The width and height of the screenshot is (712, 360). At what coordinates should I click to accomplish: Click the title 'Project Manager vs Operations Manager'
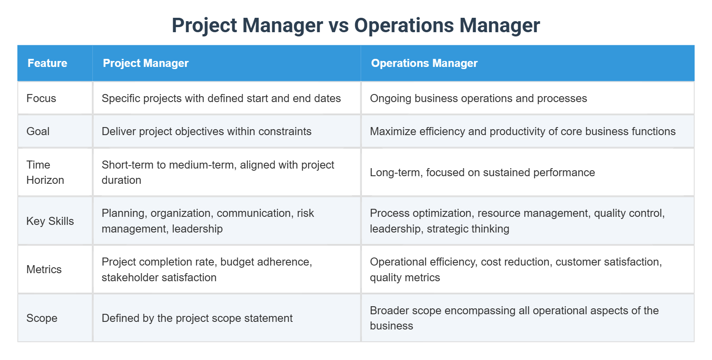click(x=356, y=25)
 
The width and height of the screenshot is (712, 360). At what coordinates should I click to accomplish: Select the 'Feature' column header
click(x=47, y=63)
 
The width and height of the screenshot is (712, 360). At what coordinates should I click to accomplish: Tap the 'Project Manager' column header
click(x=145, y=63)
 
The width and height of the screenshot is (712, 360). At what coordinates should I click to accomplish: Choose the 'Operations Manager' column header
click(x=424, y=63)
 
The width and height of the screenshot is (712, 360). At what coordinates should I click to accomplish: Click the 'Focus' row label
click(x=41, y=98)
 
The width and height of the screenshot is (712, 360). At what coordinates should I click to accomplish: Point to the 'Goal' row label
click(x=38, y=131)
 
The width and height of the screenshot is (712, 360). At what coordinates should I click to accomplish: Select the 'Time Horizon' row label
click(x=45, y=172)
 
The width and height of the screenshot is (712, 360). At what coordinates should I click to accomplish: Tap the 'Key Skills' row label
click(x=50, y=221)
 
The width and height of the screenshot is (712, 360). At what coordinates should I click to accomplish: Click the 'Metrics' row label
click(x=44, y=269)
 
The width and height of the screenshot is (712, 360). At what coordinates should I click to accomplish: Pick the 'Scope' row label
click(x=42, y=318)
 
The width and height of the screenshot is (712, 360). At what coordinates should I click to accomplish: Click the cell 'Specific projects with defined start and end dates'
click(x=221, y=98)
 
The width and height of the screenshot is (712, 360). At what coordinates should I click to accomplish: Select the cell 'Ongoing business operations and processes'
click(x=478, y=98)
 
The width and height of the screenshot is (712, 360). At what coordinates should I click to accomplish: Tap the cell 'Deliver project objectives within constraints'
click(x=206, y=131)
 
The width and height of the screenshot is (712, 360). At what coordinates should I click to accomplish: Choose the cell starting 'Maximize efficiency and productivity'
click(x=523, y=131)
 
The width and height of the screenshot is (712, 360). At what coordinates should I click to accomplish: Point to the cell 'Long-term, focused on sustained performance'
click(x=482, y=172)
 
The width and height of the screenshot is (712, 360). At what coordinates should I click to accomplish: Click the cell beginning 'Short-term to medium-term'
click(x=218, y=172)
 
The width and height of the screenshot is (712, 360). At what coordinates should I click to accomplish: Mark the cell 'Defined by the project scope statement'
click(x=197, y=318)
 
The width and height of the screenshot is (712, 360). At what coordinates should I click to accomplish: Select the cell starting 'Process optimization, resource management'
click(x=517, y=221)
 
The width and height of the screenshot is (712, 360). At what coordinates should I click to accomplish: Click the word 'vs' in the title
click(x=339, y=25)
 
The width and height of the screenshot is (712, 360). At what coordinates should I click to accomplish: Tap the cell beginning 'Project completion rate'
click(x=207, y=269)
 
